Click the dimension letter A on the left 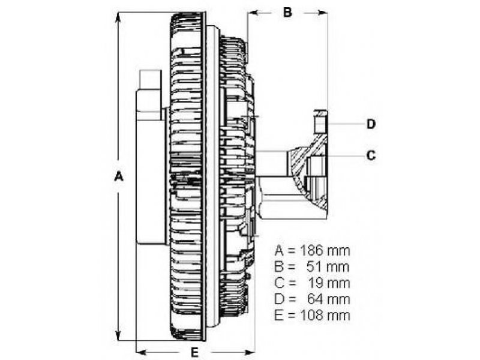(x=118, y=176)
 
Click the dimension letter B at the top (x=287, y=12)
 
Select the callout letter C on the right (x=371, y=155)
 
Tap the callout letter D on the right (x=371, y=124)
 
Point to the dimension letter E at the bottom (x=194, y=352)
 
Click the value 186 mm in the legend (x=325, y=251)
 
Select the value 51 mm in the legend (x=328, y=267)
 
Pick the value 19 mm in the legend (x=328, y=283)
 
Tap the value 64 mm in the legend (x=328, y=299)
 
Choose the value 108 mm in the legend (x=325, y=316)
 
